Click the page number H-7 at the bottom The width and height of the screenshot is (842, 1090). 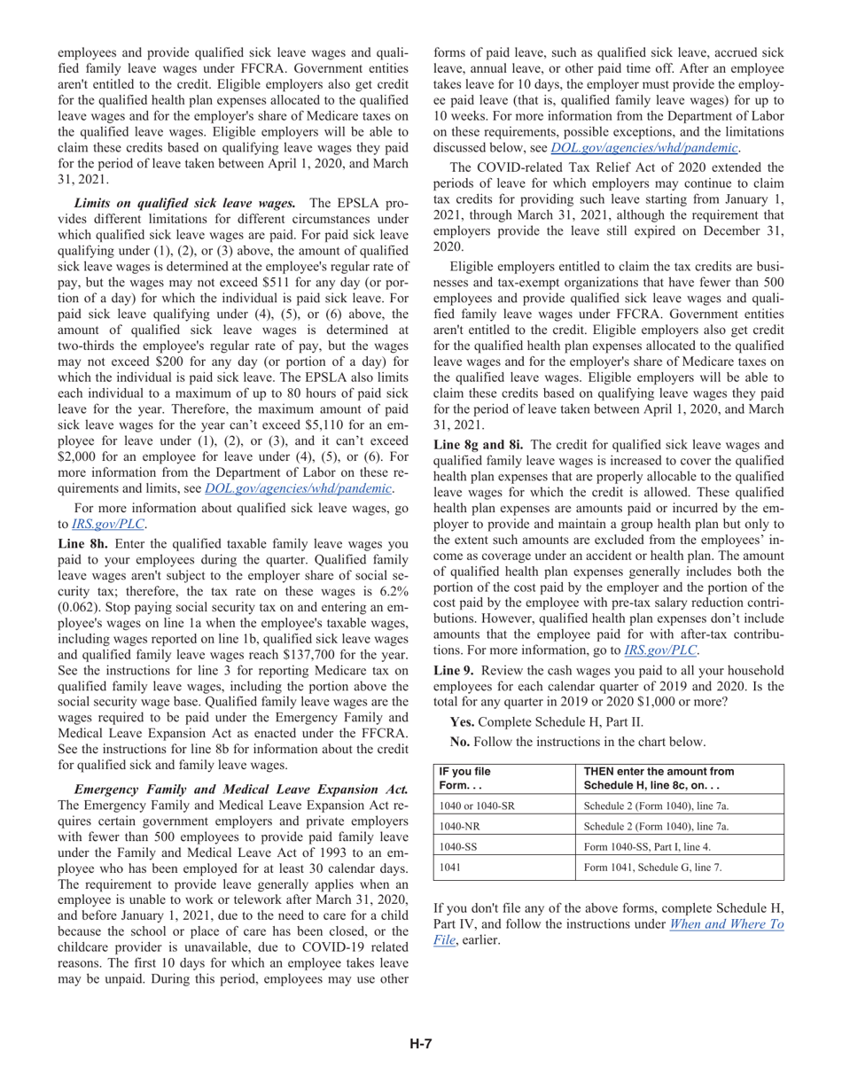click(x=420, y=1043)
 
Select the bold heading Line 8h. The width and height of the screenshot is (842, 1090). click(x=81, y=543)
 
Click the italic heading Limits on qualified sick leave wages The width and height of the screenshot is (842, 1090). click(x=184, y=203)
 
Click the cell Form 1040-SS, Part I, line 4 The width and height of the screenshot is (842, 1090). click(x=648, y=846)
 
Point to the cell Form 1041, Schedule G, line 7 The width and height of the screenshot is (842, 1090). click(x=653, y=868)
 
